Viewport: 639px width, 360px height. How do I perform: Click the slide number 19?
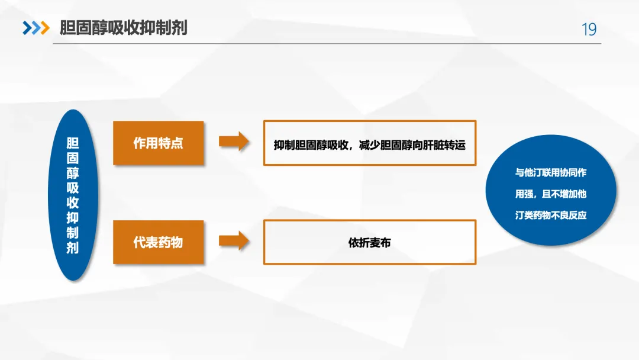(589, 29)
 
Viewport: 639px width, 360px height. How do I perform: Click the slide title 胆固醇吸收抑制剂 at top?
(123, 28)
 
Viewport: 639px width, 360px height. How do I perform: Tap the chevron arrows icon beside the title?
(35, 28)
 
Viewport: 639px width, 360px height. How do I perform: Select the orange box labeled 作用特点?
(158, 143)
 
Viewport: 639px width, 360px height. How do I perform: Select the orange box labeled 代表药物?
(158, 242)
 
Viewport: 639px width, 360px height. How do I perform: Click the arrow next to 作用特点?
(234, 142)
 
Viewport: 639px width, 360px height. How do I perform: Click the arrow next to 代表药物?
(234, 240)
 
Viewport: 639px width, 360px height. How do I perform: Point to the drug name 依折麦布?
(369, 243)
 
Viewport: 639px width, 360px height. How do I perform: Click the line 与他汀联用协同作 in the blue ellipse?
(551, 173)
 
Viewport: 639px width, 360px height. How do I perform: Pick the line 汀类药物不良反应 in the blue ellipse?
(551, 215)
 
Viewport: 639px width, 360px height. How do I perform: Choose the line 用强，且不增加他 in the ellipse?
(551, 194)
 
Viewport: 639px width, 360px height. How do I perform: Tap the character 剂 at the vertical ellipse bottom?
(72, 247)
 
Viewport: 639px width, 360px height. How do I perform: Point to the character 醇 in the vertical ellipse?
(72, 173)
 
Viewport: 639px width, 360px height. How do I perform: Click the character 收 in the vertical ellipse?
(72, 203)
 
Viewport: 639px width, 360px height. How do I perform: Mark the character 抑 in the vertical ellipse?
(72, 218)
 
